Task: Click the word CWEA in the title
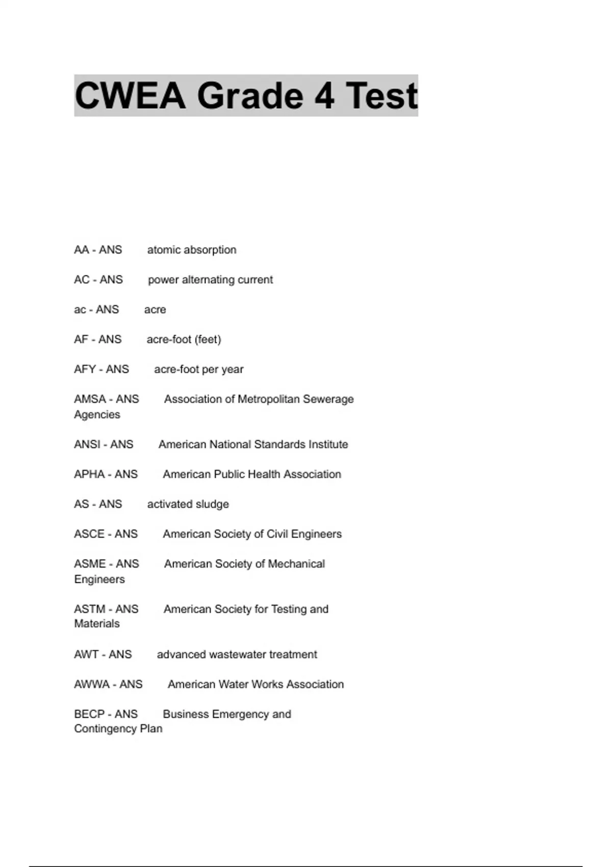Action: point(130,96)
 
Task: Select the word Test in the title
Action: point(381,96)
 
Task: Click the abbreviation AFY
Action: point(85,369)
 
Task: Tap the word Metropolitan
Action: point(269,399)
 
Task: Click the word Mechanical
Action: point(296,564)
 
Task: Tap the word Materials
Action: point(97,624)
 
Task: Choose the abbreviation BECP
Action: point(89,714)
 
